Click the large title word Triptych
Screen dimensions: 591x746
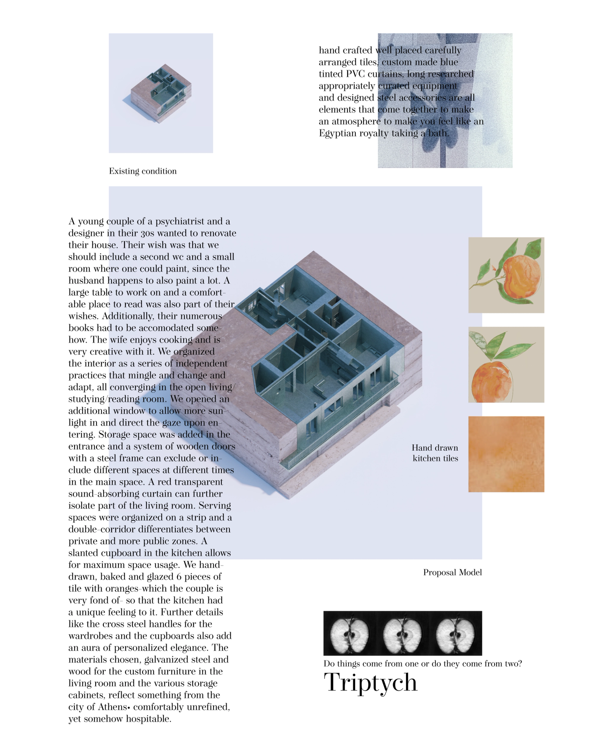pyautogui.click(x=371, y=683)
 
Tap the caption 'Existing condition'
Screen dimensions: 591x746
pyautogui.click(x=143, y=171)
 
